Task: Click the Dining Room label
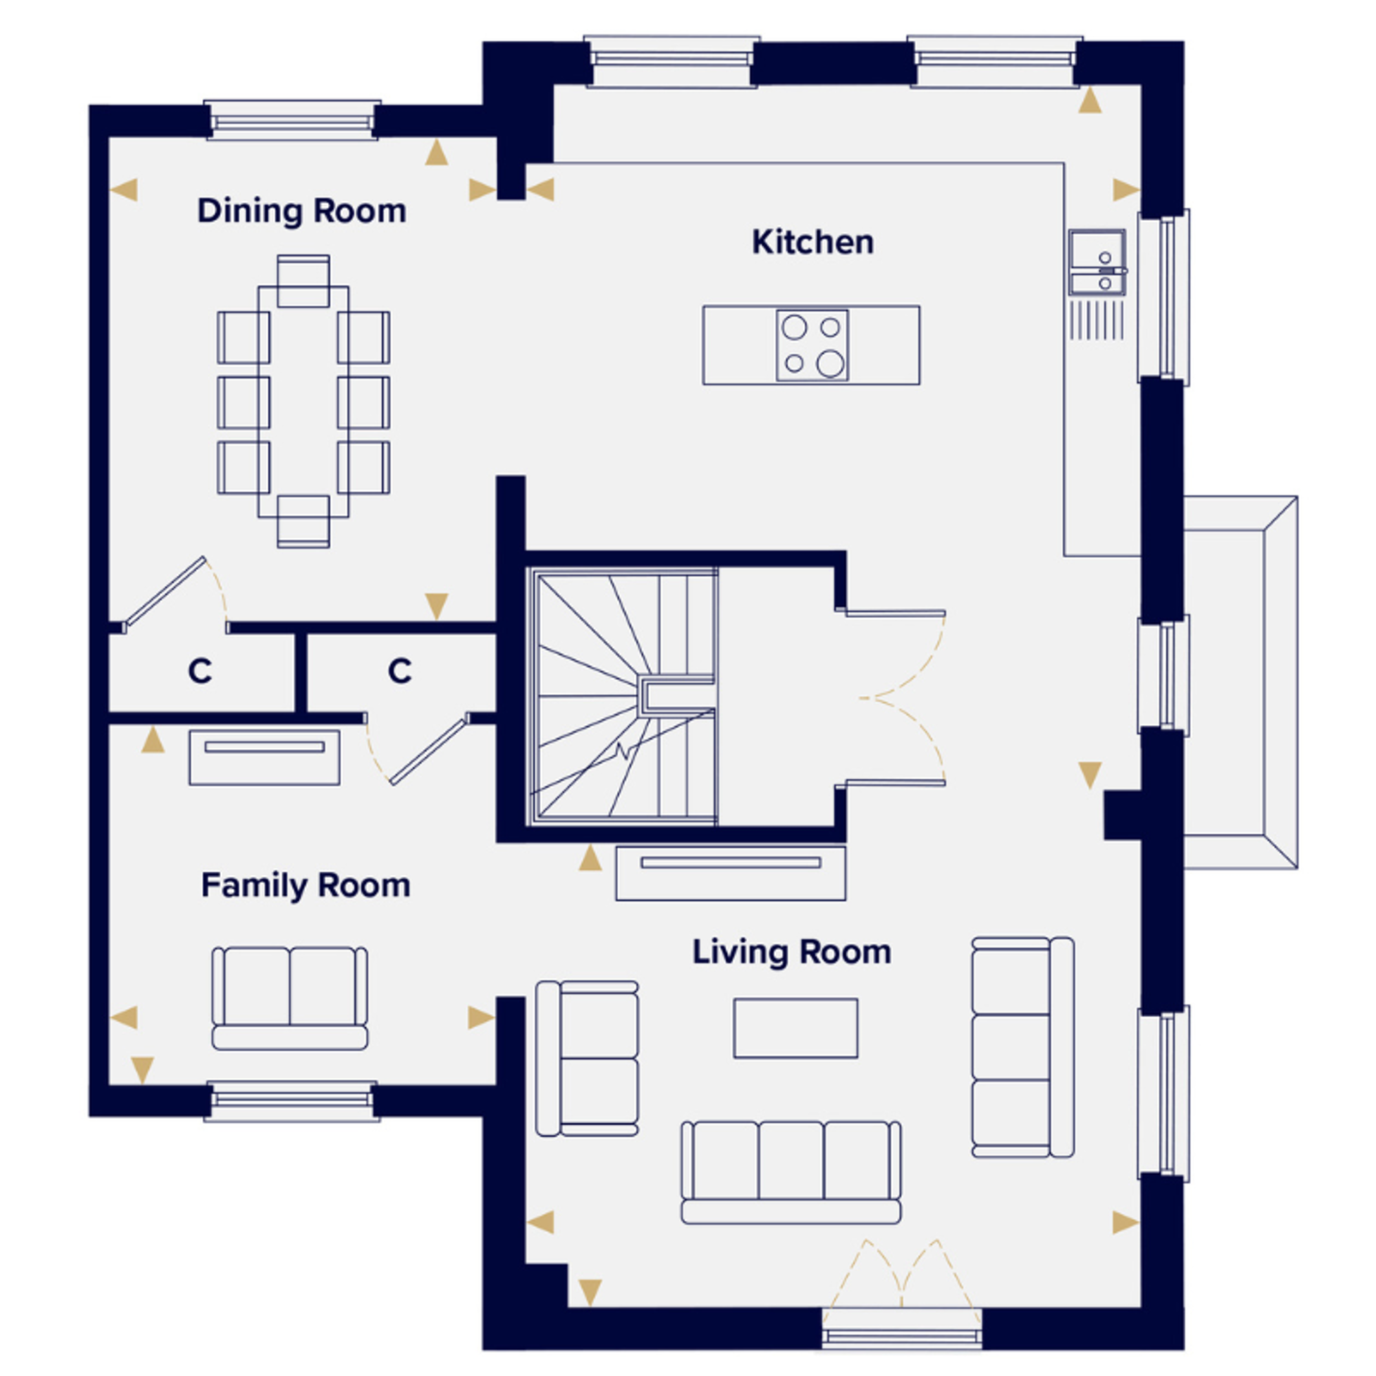[x=301, y=211]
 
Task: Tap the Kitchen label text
[x=813, y=242]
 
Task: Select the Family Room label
[x=305, y=886]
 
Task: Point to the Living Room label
[x=791, y=953]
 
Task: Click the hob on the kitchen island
[x=812, y=345]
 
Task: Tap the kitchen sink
[x=1097, y=262]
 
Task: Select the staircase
[x=623, y=696]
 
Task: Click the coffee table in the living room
[x=795, y=1028]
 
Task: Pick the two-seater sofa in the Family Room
[x=290, y=998]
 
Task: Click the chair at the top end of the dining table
[x=303, y=281]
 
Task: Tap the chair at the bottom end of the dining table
[x=303, y=522]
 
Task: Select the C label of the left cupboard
[x=200, y=671]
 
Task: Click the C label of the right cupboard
[x=400, y=671]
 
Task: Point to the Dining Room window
[x=292, y=120]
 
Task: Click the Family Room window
[x=292, y=1101]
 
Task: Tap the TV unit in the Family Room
[x=264, y=757]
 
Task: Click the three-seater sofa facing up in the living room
[x=791, y=1172]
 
